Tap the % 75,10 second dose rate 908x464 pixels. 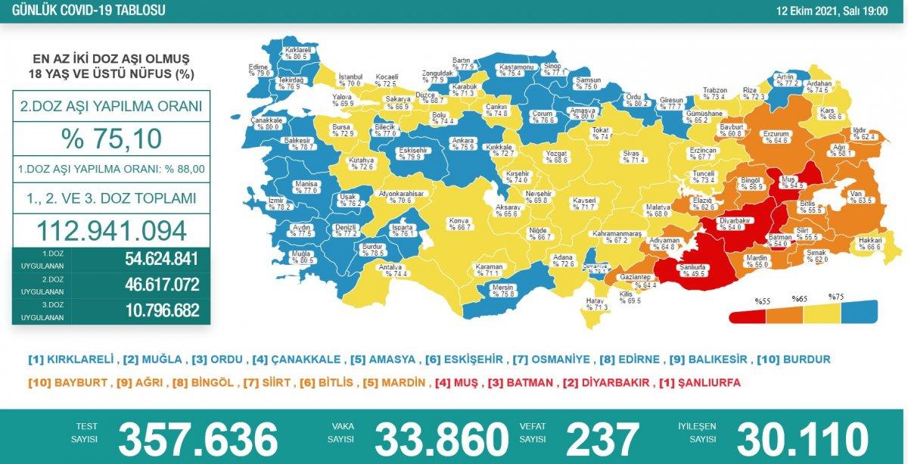click(x=110, y=139)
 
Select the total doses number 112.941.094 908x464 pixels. click(x=110, y=230)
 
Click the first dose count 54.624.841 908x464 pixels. click(x=161, y=259)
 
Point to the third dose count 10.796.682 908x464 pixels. click(x=161, y=310)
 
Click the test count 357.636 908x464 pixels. click(x=198, y=439)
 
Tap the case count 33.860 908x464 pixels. click(x=441, y=439)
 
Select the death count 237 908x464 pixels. click(x=602, y=439)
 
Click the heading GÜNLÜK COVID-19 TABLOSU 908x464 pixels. click(x=84, y=11)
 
